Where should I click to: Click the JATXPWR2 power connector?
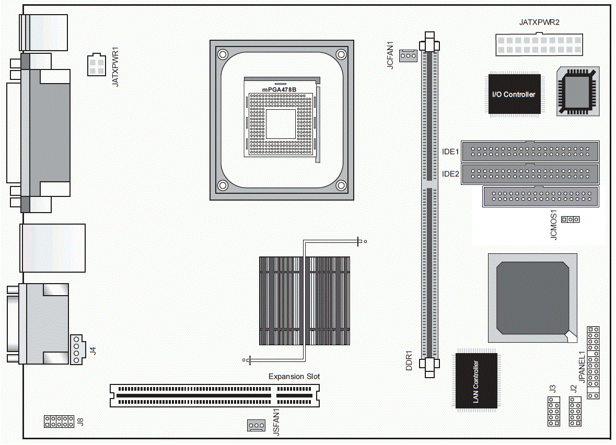coord(539,44)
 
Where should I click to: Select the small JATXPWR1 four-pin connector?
coord(96,65)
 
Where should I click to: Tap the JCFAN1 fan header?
coord(408,55)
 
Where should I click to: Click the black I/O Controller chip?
coord(514,94)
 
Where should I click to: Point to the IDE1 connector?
coord(530,151)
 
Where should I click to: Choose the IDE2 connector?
coord(530,173)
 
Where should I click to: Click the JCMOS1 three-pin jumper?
coord(570,219)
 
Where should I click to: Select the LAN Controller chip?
coord(476,381)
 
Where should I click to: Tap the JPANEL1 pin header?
coord(593,362)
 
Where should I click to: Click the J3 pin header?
coord(553,411)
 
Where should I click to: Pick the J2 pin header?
coord(575,411)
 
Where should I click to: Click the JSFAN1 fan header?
coord(256,425)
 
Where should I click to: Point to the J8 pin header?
coord(59,421)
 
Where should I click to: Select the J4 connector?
coord(77,349)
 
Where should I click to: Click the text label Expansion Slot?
coord(294,376)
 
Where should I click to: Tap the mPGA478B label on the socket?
coord(280,89)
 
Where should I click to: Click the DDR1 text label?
coord(409,360)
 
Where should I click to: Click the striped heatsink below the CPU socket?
coord(305,301)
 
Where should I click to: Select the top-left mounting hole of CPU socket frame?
coord(223,54)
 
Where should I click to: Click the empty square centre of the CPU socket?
coord(281,124)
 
